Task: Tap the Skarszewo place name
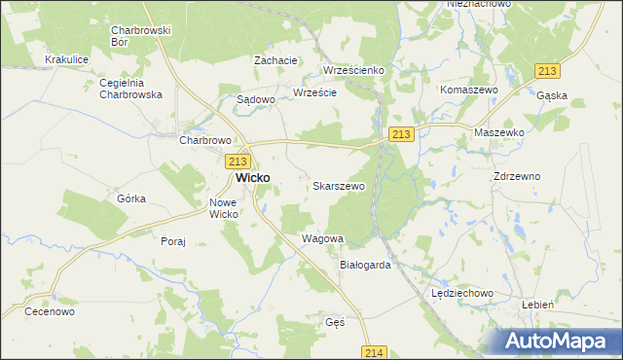(x=339, y=185)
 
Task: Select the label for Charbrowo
(x=203, y=139)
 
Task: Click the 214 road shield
(x=377, y=352)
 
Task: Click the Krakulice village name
(x=67, y=59)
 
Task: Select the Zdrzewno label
(x=517, y=176)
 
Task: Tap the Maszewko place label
(x=499, y=131)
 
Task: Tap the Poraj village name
(x=173, y=240)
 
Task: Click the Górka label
(x=131, y=198)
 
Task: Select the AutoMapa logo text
(x=562, y=342)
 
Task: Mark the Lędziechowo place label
(x=463, y=292)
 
